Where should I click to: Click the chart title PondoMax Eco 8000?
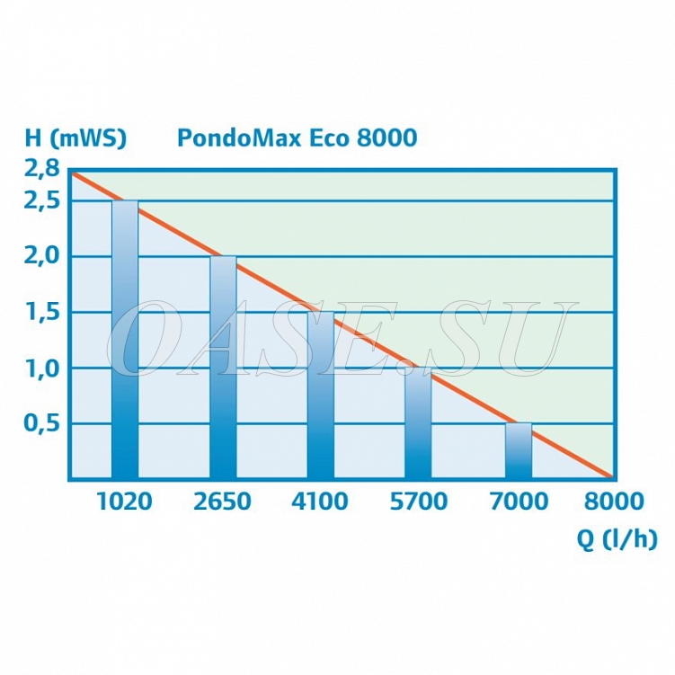(297, 138)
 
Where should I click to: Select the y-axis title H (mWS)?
(75, 138)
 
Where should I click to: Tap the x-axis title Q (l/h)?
(617, 540)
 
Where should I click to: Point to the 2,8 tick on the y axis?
(42, 167)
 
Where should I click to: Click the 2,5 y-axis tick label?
(42, 200)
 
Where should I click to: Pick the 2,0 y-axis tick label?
(42, 256)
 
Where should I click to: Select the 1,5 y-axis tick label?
(42, 312)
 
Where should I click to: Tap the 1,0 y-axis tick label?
(42, 368)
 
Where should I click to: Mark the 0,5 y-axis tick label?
(42, 423)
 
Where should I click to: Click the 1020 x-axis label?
(124, 501)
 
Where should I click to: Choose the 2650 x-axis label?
(222, 501)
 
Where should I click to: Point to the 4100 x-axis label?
(319, 501)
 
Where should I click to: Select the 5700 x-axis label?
(418, 501)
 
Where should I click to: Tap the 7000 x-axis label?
(518, 501)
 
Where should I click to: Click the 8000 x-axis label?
(615, 501)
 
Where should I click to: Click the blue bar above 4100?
(320, 395)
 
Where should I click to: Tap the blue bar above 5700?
(418, 423)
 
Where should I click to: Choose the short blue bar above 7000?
(518, 450)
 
